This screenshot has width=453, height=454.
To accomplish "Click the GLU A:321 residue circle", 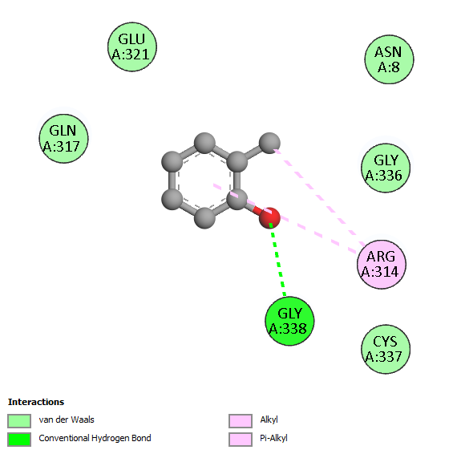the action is (132, 47).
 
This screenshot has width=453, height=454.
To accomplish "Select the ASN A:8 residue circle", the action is (389, 59).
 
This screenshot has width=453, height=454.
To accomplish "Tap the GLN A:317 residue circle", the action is (63, 139).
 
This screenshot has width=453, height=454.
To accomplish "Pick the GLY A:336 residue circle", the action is (386, 168).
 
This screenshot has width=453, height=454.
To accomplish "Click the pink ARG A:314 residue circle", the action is (382, 264).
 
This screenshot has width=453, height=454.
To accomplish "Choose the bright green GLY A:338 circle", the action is (289, 321).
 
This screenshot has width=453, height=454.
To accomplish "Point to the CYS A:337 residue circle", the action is (386, 349).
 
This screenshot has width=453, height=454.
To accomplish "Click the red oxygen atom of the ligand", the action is (269, 217).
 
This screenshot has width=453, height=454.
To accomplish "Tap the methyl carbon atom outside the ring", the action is (269, 143).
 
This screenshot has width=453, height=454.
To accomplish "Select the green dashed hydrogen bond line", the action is (277, 259).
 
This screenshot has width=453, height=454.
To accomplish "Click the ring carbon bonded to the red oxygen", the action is (237, 199).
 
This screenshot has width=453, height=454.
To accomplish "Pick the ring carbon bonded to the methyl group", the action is (237, 161).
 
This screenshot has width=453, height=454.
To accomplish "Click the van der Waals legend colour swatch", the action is (19, 420).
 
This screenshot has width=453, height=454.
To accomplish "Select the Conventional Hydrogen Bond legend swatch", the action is (19, 440).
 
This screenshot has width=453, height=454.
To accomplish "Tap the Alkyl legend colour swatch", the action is (241, 420).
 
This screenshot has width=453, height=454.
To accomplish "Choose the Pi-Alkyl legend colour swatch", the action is (241, 440).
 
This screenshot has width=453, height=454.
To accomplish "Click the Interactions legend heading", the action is (36, 402).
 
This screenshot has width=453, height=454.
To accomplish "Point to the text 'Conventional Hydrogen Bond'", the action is (95, 439).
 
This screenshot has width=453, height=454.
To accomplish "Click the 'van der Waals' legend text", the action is (67, 420).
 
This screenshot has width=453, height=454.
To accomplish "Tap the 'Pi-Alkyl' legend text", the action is (273, 439).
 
